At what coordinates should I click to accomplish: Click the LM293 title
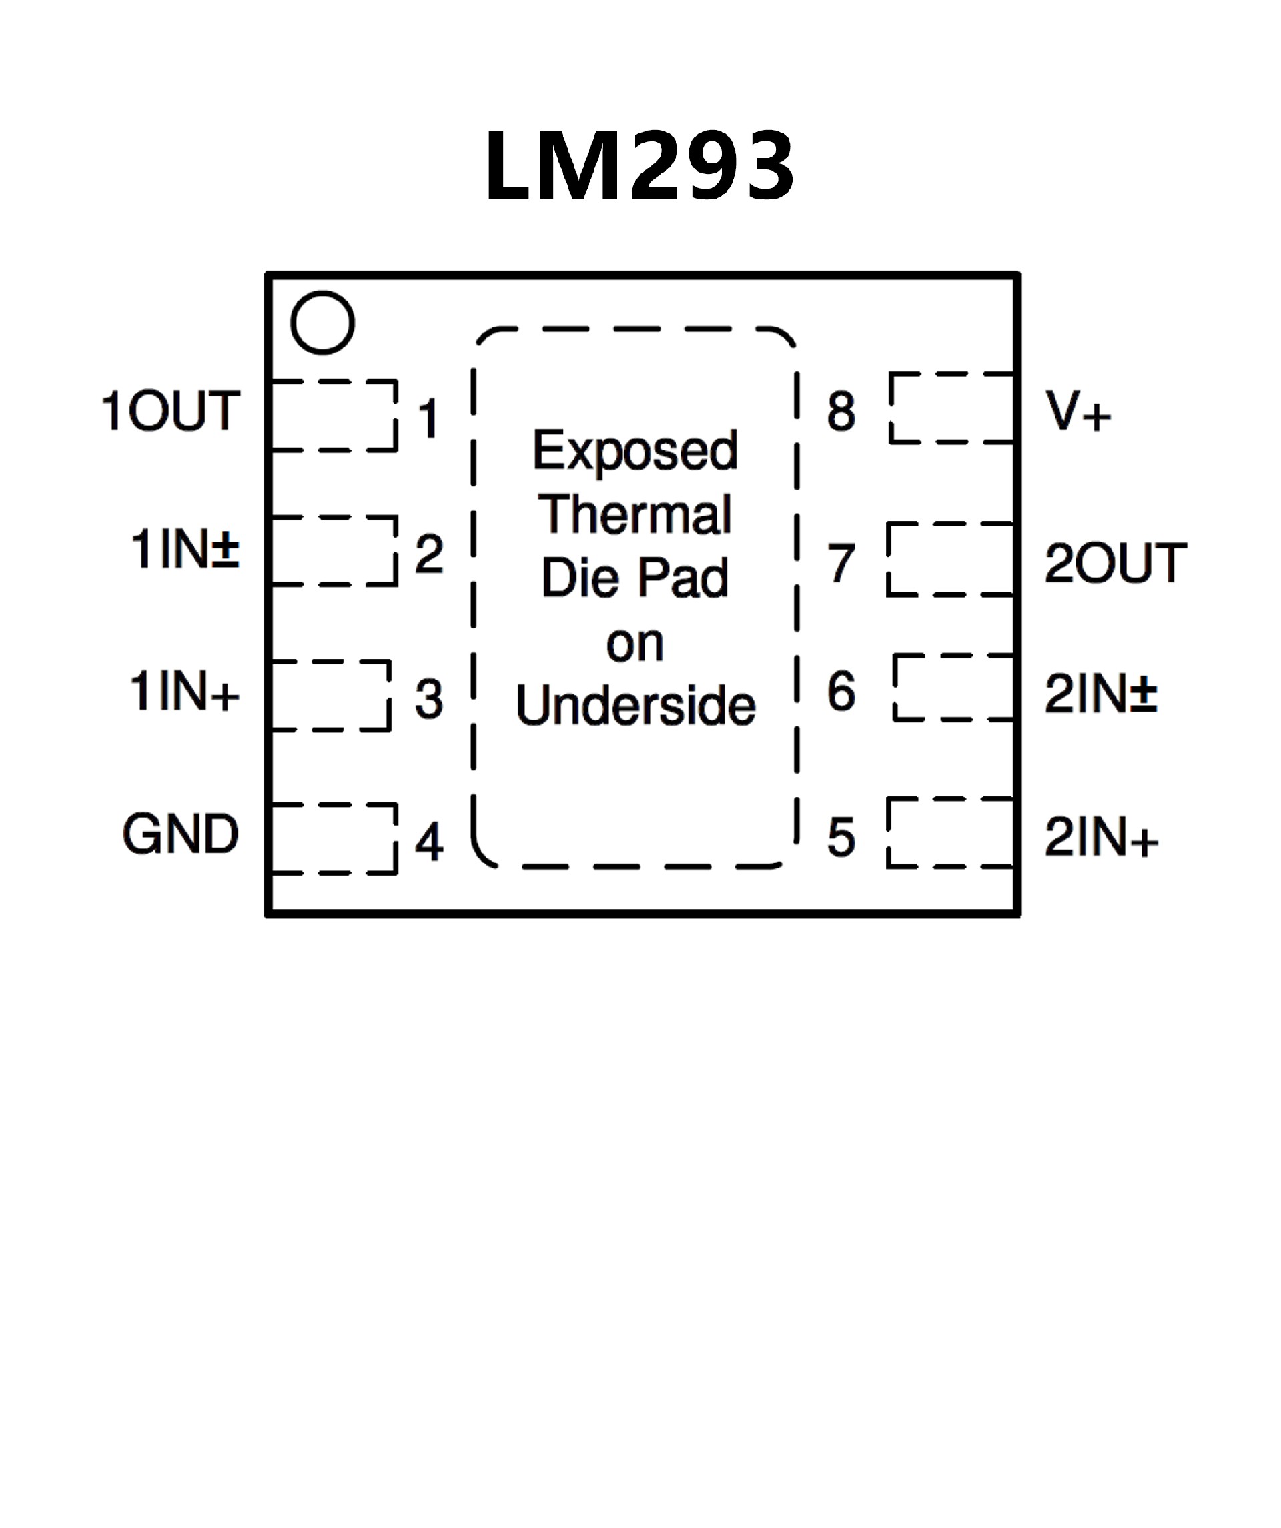point(639,166)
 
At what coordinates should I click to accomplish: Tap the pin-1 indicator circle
point(322,323)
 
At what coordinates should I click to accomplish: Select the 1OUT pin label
point(171,411)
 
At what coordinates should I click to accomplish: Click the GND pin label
point(181,834)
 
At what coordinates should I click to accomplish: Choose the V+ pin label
point(1078,411)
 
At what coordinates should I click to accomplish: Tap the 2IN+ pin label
point(1100,838)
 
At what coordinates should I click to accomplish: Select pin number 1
point(430,418)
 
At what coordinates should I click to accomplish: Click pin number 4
point(430,842)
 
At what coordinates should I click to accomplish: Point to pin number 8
point(841,411)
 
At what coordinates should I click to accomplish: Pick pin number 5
point(841,838)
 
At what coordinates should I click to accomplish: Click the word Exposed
point(634,451)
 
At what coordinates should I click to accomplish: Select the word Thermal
point(634,514)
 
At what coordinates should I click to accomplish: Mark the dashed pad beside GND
point(334,838)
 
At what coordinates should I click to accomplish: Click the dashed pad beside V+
point(952,408)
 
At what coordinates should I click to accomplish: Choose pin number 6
point(841,691)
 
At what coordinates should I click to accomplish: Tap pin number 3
point(430,698)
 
